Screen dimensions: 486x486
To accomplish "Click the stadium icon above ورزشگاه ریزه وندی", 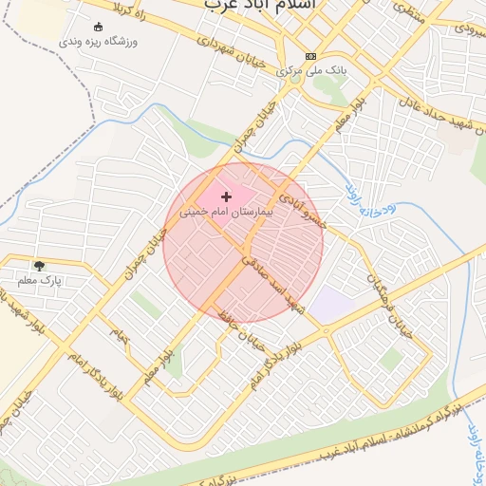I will click(x=99, y=27).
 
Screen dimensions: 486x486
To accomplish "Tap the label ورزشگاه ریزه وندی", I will click(x=98, y=43).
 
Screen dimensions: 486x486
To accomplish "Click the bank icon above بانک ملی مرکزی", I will click(x=311, y=57).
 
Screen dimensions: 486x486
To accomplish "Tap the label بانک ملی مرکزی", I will click(x=309, y=71).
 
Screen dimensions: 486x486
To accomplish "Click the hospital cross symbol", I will click(x=225, y=196).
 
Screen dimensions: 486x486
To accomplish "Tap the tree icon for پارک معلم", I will click(x=39, y=266).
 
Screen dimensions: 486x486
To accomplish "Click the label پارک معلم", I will click(x=39, y=281).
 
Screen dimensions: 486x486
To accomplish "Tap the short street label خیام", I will click(x=120, y=334).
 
